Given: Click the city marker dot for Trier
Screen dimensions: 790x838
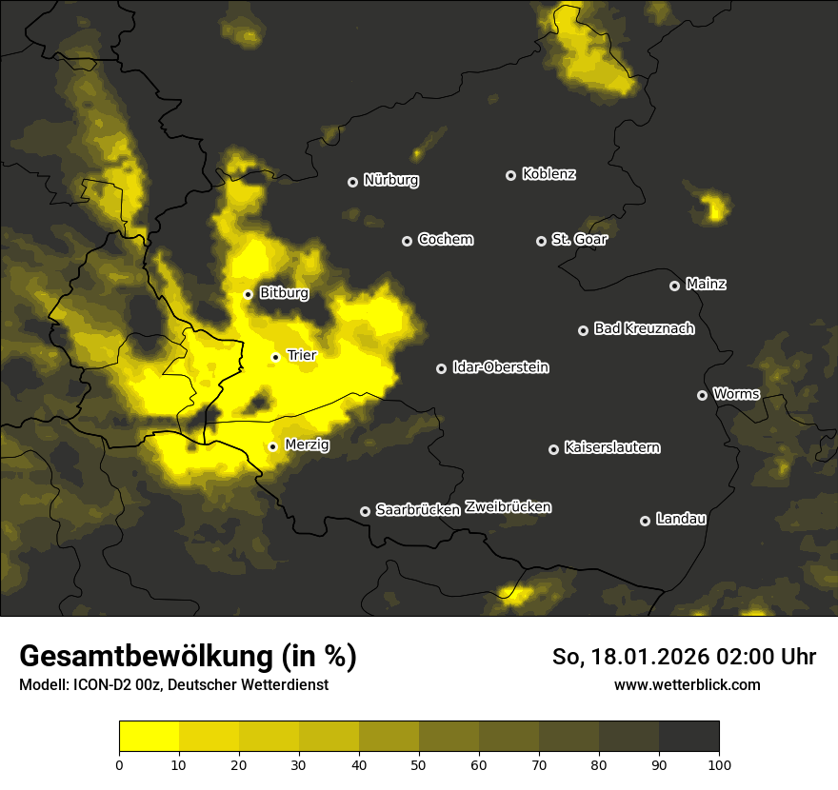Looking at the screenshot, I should pos(276,357).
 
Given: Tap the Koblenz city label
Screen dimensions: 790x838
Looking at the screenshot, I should pos(549,174).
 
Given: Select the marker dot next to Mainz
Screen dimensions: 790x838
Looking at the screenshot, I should pos(674,286).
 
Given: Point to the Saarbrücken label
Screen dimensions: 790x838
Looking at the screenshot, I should pos(417,510).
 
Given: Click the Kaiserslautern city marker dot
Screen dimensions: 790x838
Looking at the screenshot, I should pos(553,449).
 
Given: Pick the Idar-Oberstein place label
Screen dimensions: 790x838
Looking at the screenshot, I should pos(500,367).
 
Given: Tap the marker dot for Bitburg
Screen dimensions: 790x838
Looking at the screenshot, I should pos(248,294).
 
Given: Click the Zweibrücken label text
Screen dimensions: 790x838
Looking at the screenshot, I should pos(508,507).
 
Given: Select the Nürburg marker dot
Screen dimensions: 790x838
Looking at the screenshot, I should pos(352,182).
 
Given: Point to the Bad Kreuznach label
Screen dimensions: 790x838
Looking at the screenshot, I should pos(644,329).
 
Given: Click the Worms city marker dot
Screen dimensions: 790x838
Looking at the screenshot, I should pos(702,395).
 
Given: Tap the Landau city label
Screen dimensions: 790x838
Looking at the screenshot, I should pos(681,520).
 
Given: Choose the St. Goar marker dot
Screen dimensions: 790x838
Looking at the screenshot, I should pos(541,242).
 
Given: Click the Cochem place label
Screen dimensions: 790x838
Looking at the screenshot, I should pos(445,240).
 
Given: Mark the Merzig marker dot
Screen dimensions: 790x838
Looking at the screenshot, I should pos(272,446).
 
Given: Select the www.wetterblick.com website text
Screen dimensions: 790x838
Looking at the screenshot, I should pos(687,684).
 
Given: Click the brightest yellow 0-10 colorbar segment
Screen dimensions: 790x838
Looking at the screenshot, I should pos(149,736).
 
